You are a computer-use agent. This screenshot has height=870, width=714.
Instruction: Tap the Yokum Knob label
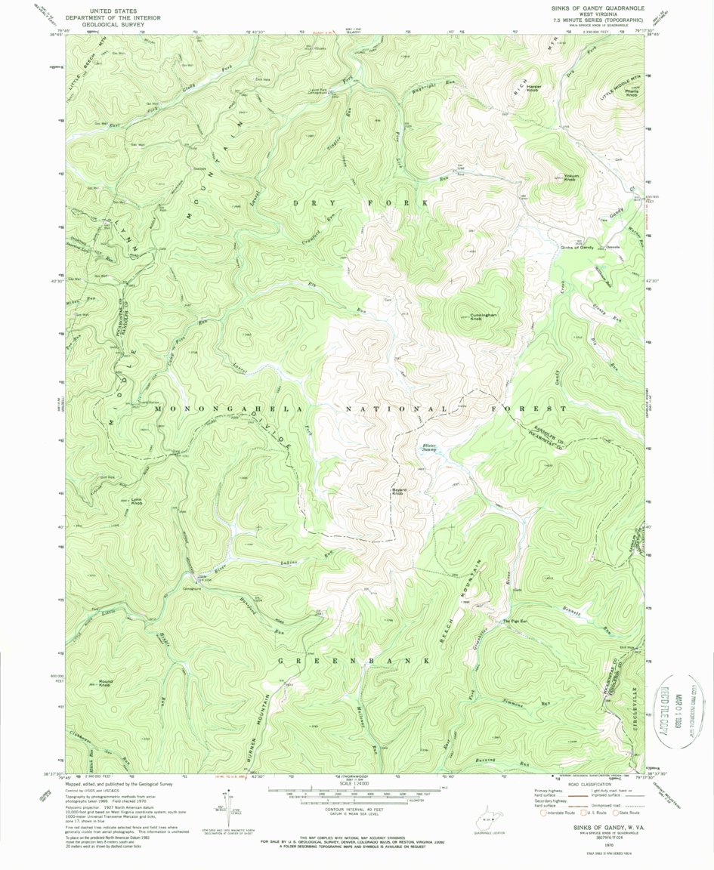[570, 179]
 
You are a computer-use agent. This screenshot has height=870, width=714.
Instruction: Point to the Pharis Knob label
[631, 93]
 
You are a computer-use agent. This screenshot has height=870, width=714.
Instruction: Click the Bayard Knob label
[399, 492]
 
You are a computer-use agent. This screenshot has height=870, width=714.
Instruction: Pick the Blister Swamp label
[429, 448]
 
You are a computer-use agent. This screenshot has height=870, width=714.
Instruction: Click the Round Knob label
[104, 683]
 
